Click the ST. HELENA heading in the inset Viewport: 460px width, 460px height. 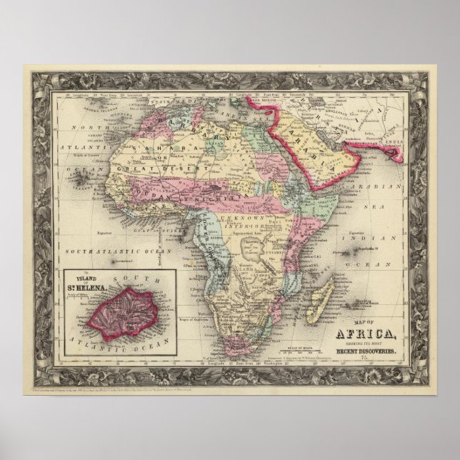(x=98, y=286)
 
